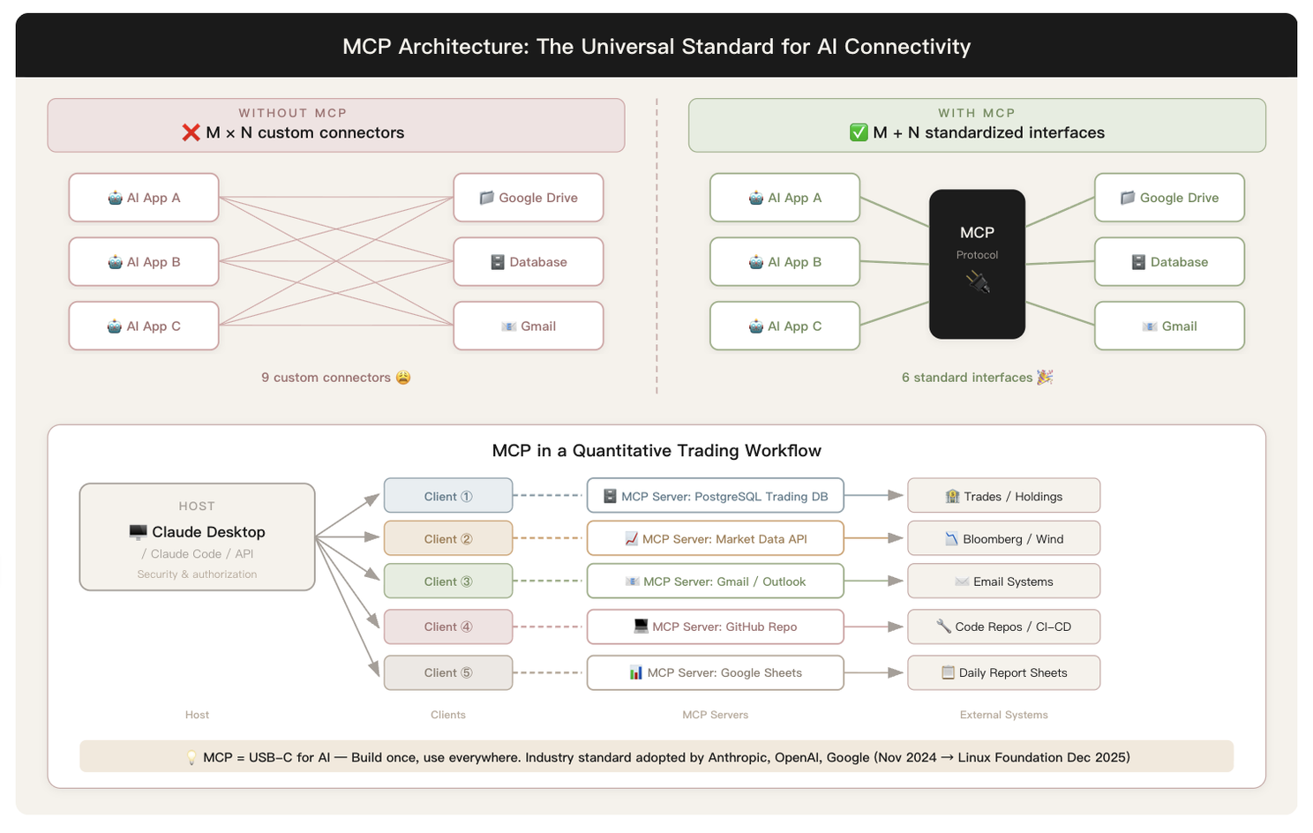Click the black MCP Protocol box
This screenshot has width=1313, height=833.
(977, 264)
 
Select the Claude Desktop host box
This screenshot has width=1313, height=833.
(197, 537)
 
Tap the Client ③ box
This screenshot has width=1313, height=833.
(448, 581)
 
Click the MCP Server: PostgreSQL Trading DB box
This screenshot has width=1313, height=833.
(715, 496)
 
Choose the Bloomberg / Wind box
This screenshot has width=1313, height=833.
(1003, 538)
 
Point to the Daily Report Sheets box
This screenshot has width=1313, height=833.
(1003, 672)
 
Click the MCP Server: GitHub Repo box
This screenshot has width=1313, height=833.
(715, 627)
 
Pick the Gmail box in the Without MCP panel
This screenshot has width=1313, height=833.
(529, 326)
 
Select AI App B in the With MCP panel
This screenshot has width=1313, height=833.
(784, 261)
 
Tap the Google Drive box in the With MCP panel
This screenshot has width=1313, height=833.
(1169, 198)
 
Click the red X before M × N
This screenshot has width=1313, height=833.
(191, 132)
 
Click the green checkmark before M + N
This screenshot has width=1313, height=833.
(859, 132)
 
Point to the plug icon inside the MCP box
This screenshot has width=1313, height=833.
(978, 282)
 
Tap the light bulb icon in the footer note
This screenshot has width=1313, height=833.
(191, 757)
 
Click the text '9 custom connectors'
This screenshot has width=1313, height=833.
(326, 378)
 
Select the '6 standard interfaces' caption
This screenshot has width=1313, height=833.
(966, 378)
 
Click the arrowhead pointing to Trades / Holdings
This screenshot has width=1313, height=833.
(895, 495)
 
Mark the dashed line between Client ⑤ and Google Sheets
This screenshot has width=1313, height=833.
(547, 672)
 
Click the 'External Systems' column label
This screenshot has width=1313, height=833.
(1003, 715)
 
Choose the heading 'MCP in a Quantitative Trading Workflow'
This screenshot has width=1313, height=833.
(656, 450)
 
